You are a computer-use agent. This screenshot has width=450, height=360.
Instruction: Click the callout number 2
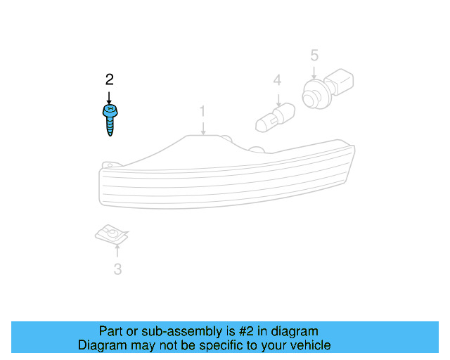click(109, 78)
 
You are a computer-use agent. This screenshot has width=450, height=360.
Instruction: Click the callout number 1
click(202, 111)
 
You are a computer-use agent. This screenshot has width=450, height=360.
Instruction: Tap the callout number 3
click(117, 269)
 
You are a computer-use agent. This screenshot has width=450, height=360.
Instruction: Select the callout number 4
click(278, 81)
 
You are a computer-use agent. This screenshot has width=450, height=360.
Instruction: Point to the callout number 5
click(314, 55)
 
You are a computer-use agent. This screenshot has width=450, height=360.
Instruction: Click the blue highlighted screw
click(110, 120)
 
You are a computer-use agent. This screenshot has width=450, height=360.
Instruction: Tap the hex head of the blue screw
click(110, 112)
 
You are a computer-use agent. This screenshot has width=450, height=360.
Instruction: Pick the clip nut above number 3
click(112, 233)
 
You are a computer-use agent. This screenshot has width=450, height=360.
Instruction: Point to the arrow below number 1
click(202, 127)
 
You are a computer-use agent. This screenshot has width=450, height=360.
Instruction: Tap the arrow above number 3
click(117, 252)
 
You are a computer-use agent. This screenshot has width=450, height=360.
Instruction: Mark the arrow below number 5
click(314, 71)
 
